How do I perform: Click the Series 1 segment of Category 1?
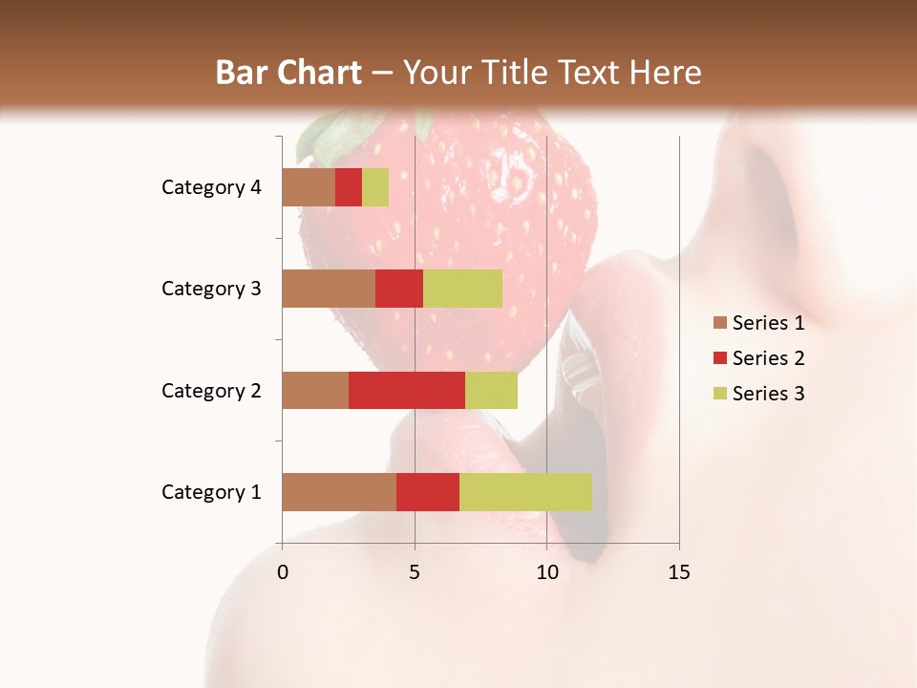click(x=339, y=492)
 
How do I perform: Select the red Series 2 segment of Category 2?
click(x=407, y=390)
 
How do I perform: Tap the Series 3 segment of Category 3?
click(x=462, y=289)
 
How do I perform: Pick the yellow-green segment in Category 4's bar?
click(x=375, y=187)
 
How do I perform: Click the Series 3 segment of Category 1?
click(x=525, y=492)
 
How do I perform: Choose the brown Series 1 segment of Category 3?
click(x=329, y=289)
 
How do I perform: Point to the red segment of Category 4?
click(x=349, y=187)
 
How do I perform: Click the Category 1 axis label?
click(x=211, y=492)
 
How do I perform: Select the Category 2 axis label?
click(x=211, y=390)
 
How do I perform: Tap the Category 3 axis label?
click(x=211, y=289)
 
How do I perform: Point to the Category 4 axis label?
click(x=211, y=187)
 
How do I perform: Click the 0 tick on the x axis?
click(x=282, y=572)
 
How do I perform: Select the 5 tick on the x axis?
click(x=415, y=572)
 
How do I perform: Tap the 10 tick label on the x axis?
click(x=546, y=572)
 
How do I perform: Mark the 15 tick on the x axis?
click(x=679, y=572)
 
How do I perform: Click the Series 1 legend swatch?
click(x=720, y=323)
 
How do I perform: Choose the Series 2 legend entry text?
click(x=768, y=358)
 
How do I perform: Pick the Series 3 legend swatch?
click(x=720, y=394)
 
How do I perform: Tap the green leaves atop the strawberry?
click(x=330, y=134)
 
